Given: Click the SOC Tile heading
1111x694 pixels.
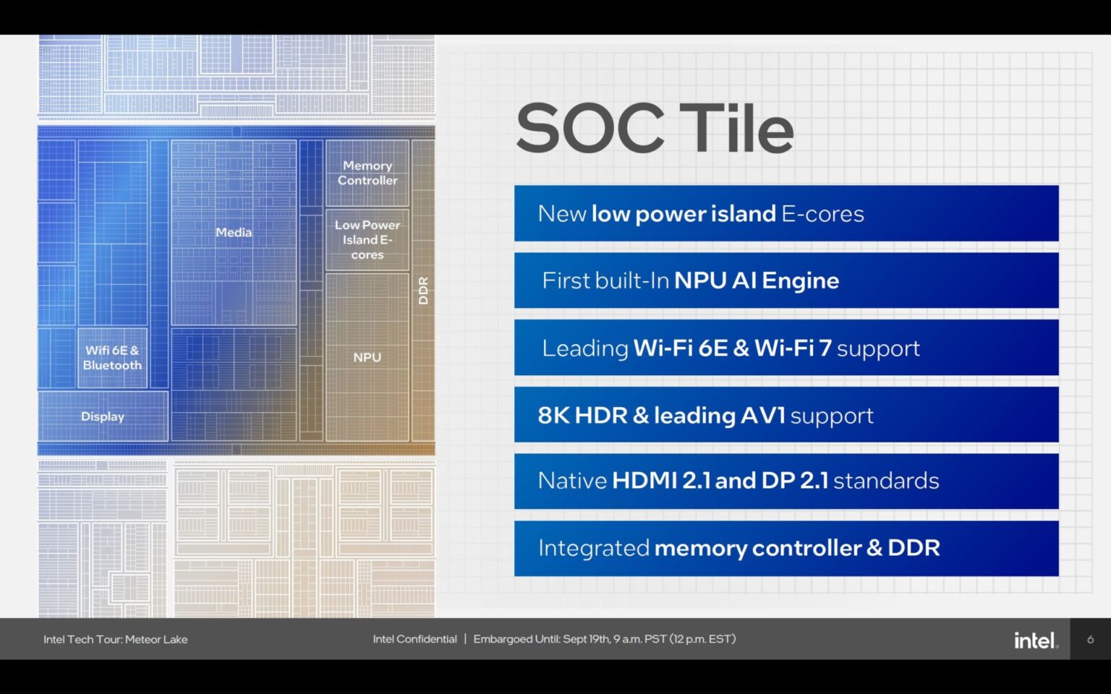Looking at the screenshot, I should coord(655,129).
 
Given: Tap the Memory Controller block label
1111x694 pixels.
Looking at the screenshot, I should coord(367,173).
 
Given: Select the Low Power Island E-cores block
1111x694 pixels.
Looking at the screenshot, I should coord(367,240).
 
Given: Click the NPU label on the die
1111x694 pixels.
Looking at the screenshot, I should coord(367,357).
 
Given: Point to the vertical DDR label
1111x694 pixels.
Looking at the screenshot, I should coord(424,291).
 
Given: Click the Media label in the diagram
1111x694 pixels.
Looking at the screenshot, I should coord(234,232).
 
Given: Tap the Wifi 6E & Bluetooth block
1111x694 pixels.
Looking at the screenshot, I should coord(112,358).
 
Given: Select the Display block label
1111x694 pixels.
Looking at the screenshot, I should coord(103,416).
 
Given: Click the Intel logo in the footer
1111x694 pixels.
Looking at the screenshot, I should coord(1035,640).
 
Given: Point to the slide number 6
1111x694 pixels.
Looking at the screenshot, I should coord(1090,639).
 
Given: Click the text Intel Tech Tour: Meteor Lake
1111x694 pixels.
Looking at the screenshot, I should coord(115,639).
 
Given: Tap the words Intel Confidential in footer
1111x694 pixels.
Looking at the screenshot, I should coord(414,639).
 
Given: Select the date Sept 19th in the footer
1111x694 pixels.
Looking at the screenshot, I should coord(585,639).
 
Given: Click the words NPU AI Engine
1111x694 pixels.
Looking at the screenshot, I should coord(756,280).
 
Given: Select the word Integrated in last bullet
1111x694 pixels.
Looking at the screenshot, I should coord(593,548).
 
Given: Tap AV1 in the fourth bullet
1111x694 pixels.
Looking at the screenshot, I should coord(762,416).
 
